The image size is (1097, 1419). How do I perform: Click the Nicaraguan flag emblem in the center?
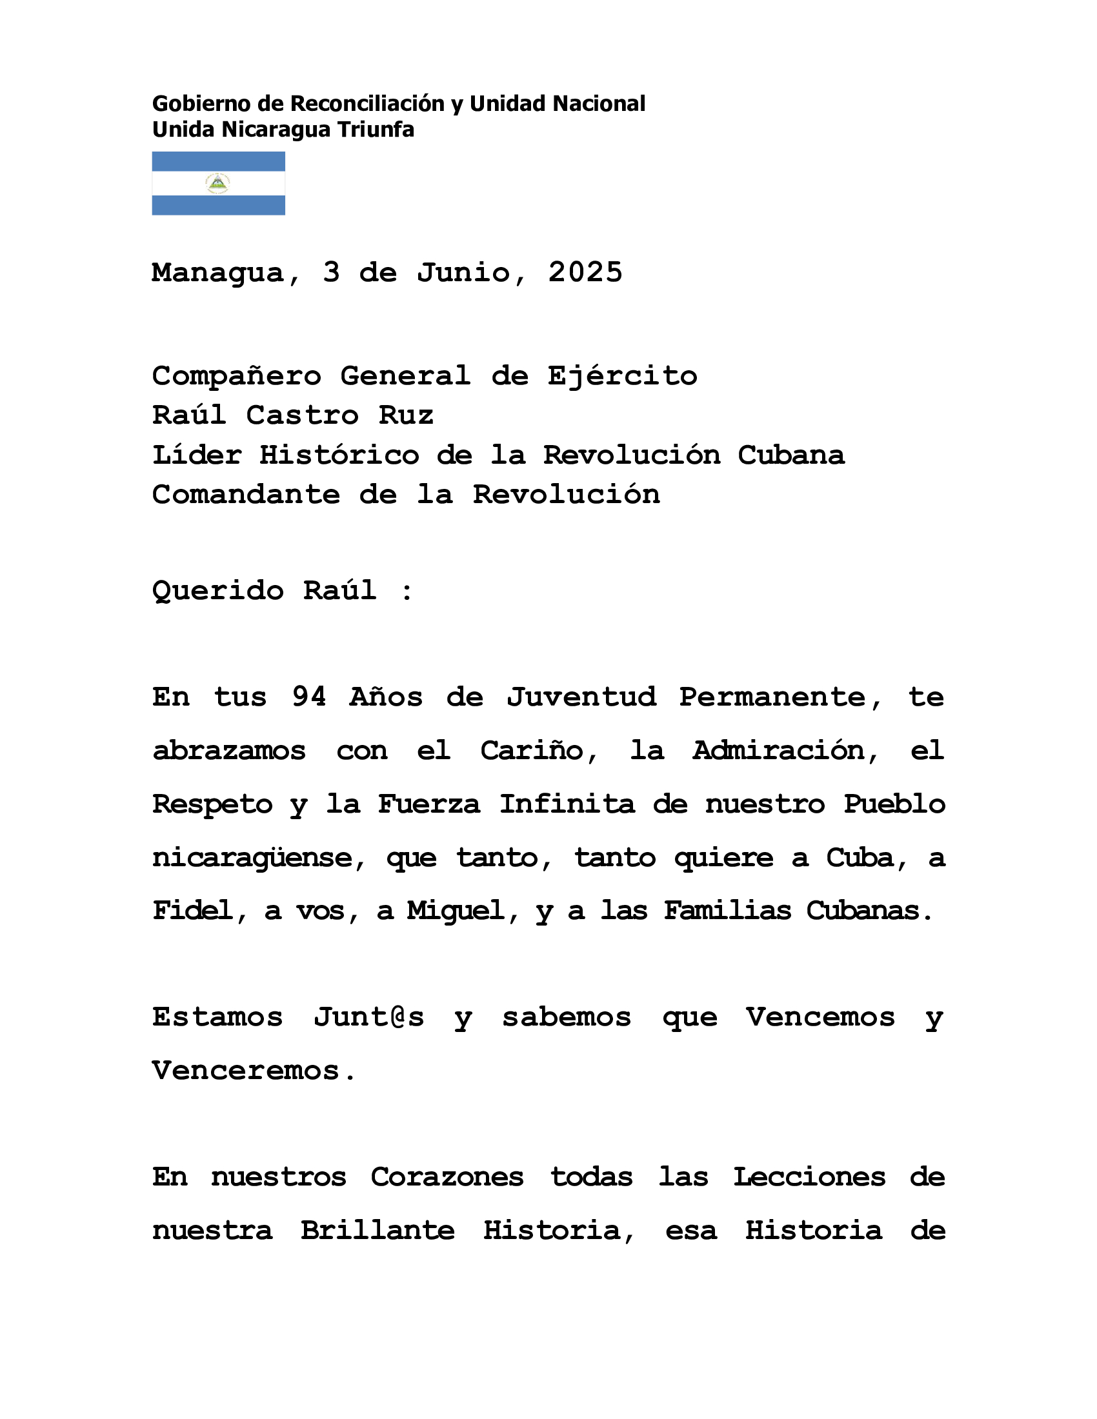click(x=217, y=183)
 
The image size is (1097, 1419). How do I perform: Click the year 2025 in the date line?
click(x=585, y=272)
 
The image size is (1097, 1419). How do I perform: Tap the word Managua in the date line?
click(x=217, y=273)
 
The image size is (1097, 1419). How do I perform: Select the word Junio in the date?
click(x=463, y=272)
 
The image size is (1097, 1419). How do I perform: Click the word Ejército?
click(x=622, y=376)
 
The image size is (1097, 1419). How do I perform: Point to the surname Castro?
click(x=302, y=415)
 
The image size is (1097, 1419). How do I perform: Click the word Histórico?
click(x=339, y=455)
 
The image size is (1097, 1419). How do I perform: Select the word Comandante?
click(x=246, y=495)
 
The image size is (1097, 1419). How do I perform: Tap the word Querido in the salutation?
click(x=217, y=591)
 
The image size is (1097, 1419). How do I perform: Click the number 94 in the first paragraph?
click(x=308, y=697)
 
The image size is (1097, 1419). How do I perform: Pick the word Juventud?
click(x=581, y=697)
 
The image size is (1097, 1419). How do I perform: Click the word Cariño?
click(x=532, y=751)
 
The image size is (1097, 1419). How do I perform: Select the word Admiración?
click(x=779, y=751)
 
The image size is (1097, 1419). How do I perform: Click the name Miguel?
click(x=455, y=911)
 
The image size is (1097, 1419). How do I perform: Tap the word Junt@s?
click(x=368, y=1017)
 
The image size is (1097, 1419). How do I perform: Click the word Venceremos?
click(x=246, y=1071)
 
